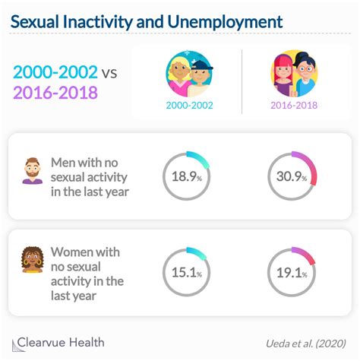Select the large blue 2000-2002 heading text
click(55, 73)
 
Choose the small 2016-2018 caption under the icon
click(293, 106)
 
